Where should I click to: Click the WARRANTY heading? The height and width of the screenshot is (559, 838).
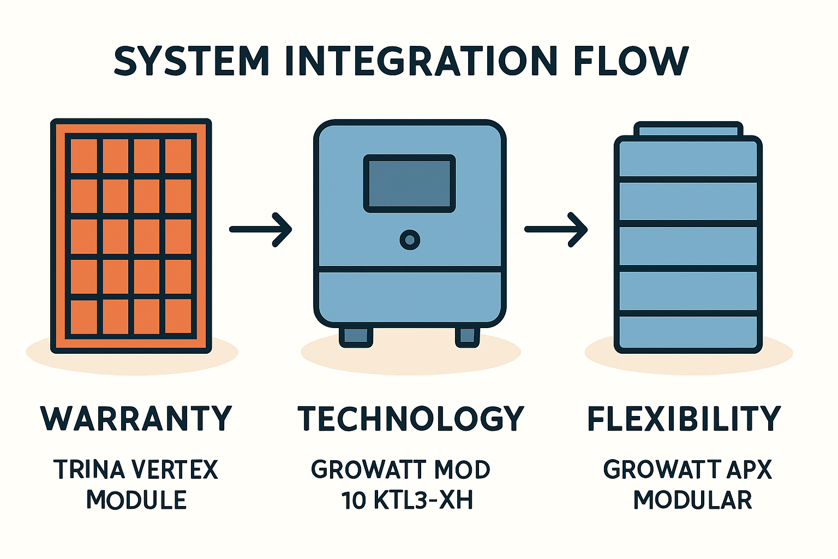136,419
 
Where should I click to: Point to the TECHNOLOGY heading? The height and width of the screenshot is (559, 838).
411,419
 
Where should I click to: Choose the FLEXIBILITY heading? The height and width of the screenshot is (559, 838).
684,419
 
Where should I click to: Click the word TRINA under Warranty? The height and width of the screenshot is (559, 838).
89,470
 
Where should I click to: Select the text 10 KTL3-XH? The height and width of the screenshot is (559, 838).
406,500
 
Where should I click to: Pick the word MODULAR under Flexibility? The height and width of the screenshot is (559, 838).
692,500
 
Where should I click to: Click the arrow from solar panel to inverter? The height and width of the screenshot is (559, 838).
261,229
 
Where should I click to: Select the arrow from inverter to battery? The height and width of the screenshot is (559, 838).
556,229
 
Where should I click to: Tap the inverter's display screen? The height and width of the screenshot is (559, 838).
409,183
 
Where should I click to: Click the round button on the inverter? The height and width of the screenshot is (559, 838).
410,240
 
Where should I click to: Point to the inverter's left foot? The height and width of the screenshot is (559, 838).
356,336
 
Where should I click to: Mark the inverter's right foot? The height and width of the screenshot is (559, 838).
468,336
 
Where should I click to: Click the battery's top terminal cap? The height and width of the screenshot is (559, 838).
688,130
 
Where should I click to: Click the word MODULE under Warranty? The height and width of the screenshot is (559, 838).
136,500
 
